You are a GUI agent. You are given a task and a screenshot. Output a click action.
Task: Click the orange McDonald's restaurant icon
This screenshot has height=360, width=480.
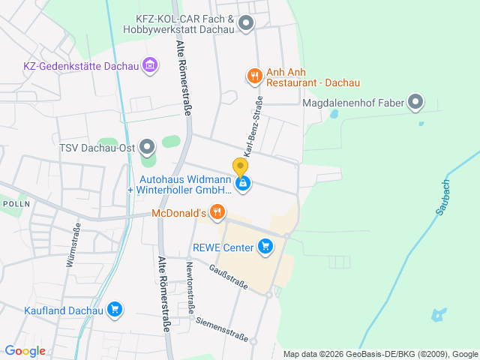[x=217, y=213]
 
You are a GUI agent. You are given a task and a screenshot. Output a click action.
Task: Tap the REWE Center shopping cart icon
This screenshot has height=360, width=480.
[x=264, y=245]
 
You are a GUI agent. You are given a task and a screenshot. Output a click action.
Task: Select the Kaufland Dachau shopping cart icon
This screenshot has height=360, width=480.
[x=115, y=309]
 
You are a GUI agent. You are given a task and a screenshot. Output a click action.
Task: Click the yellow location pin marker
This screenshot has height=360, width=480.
[x=240, y=167]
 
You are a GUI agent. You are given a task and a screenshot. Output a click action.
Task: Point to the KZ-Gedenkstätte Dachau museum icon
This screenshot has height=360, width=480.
[x=150, y=65]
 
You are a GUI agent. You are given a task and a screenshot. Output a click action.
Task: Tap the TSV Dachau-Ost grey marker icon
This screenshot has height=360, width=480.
[x=148, y=146]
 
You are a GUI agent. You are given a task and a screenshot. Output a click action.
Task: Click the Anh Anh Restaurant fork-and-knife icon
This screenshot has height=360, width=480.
[x=255, y=75]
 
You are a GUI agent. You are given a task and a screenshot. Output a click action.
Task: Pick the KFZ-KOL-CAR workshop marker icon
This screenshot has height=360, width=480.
[x=245, y=25]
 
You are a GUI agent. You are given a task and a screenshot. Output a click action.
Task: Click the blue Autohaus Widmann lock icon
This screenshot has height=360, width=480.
[x=242, y=183]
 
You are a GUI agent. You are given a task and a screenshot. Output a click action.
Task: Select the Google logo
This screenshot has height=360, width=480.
[x=25, y=351]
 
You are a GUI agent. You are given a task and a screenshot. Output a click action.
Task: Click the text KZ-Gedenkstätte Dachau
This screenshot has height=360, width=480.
[x=81, y=66]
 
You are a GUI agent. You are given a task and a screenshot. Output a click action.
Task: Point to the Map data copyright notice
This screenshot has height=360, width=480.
[x=380, y=354]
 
